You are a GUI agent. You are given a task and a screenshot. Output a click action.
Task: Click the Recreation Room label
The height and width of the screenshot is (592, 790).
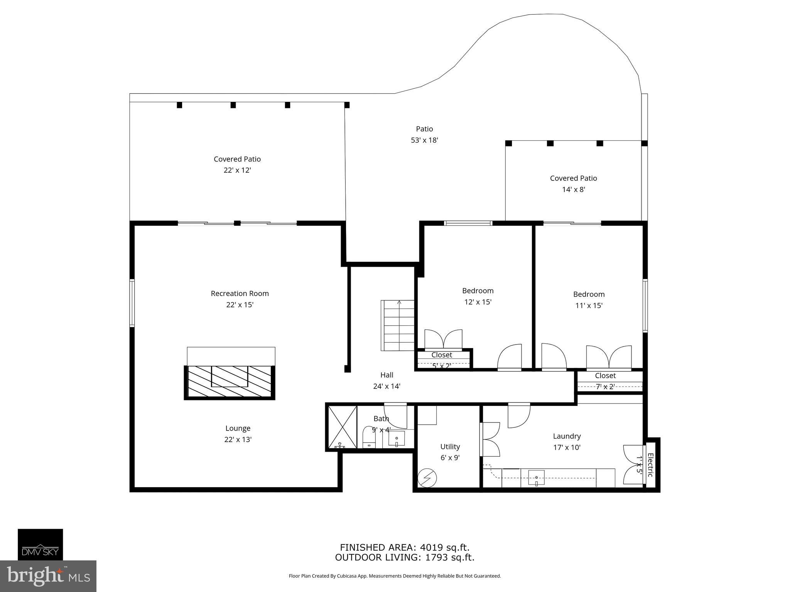[x=240, y=293]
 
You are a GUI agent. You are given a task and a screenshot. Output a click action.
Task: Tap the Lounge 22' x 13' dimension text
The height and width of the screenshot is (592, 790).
[x=238, y=439]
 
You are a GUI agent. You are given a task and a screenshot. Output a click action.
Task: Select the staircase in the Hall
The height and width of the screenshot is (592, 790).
[x=398, y=326]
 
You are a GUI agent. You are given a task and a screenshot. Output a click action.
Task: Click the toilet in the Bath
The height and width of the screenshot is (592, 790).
[x=369, y=437]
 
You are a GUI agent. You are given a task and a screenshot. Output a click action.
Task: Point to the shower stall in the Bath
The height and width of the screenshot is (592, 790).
[x=342, y=427]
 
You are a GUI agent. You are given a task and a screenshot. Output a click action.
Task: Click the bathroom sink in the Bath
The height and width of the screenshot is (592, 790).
[x=397, y=439]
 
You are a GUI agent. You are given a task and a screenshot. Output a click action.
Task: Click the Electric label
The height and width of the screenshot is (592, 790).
[x=650, y=465]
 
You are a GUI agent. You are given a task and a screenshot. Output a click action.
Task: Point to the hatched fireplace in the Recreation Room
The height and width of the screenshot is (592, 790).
[x=230, y=382]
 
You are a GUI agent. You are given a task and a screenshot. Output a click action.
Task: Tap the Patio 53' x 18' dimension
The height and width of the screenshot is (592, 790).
[x=424, y=140]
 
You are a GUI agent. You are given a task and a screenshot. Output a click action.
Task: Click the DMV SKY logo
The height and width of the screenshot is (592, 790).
[x=40, y=544]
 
